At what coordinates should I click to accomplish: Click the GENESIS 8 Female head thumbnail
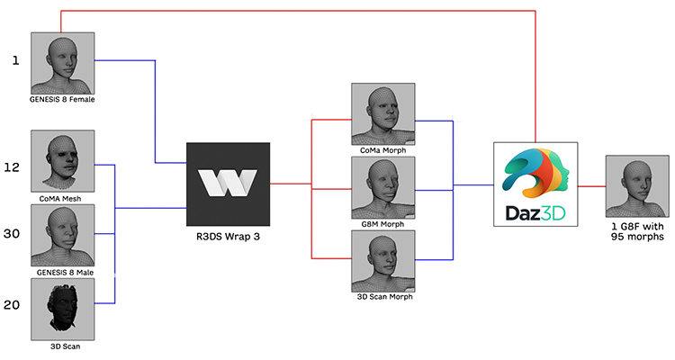click(x=63, y=63)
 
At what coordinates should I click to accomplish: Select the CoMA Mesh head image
click(x=63, y=161)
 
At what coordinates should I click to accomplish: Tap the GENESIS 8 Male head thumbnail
click(x=63, y=235)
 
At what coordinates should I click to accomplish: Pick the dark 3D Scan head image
click(x=63, y=310)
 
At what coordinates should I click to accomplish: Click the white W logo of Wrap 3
click(x=228, y=183)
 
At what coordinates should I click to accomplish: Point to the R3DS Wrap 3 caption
click(x=229, y=237)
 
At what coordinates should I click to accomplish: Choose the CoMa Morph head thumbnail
click(x=383, y=114)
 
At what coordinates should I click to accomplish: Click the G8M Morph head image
click(x=383, y=188)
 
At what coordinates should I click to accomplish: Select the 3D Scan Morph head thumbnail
click(x=383, y=261)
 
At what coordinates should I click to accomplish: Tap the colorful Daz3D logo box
click(x=535, y=184)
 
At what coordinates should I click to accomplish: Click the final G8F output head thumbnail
click(x=637, y=186)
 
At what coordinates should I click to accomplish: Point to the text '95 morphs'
click(x=637, y=237)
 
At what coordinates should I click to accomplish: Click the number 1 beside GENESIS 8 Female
click(x=16, y=60)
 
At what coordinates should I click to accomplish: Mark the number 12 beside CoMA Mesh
click(x=12, y=167)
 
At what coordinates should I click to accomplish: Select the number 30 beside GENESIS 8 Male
click(x=12, y=234)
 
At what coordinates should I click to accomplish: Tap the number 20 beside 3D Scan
click(x=12, y=305)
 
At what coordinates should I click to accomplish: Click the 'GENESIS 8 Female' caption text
click(x=62, y=100)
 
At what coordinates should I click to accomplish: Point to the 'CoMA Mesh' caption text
click(x=60, y=199)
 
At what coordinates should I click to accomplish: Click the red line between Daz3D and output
click(x=592, y=186)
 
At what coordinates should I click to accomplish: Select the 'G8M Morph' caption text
click(x=382, y=224)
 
